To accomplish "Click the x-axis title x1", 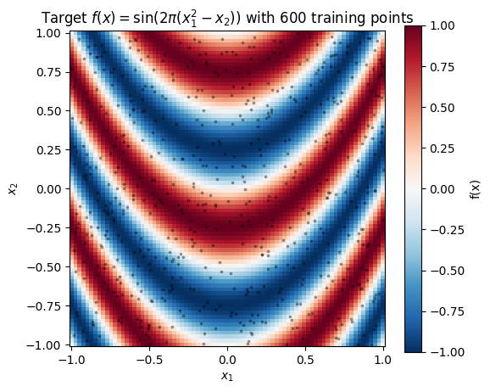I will click(x=227, y=375).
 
